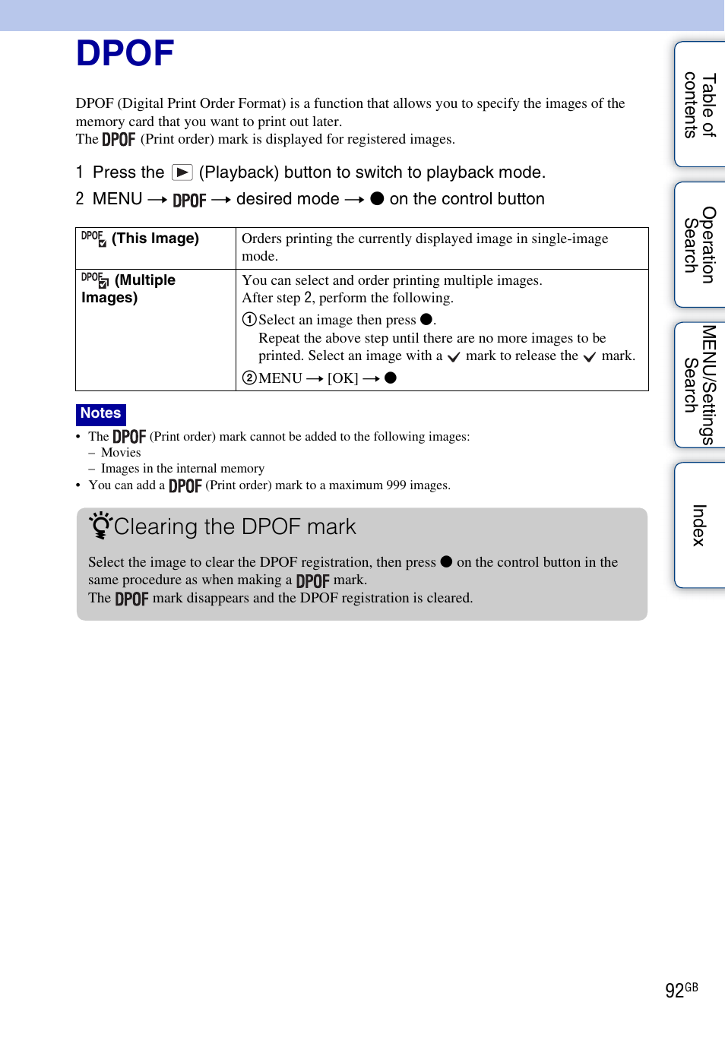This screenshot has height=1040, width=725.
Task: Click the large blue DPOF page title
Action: [x=125, y=54]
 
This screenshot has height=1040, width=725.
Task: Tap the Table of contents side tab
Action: [x=699, y=105]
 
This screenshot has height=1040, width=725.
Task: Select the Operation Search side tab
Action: [x=699, y=245]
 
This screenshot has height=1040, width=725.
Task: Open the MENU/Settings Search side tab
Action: [x=699, y=384]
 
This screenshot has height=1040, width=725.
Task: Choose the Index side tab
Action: [x=699, y=525]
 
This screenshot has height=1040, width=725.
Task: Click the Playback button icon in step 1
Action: [x=182, y=172]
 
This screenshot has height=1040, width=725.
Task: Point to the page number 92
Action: [x=674, y=991]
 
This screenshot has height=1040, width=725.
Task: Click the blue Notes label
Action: [x=101, y=413]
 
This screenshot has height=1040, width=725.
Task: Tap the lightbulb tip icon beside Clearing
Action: [x=100, y=525]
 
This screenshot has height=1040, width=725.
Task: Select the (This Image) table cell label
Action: [x=155, y=239]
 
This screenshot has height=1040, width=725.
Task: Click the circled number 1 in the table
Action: [x=249, y=320]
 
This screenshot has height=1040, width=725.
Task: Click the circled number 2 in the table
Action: [x=249, y=378]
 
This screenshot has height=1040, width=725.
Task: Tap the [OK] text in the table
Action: [x=343, y=378]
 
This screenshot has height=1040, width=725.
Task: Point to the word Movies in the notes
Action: [x=121, y=453]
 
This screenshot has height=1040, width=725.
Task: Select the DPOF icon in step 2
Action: [x=189, y=200]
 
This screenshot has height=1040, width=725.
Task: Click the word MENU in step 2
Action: [x=117, y=199]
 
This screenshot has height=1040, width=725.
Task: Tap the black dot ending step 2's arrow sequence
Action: [x=377, y=199]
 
